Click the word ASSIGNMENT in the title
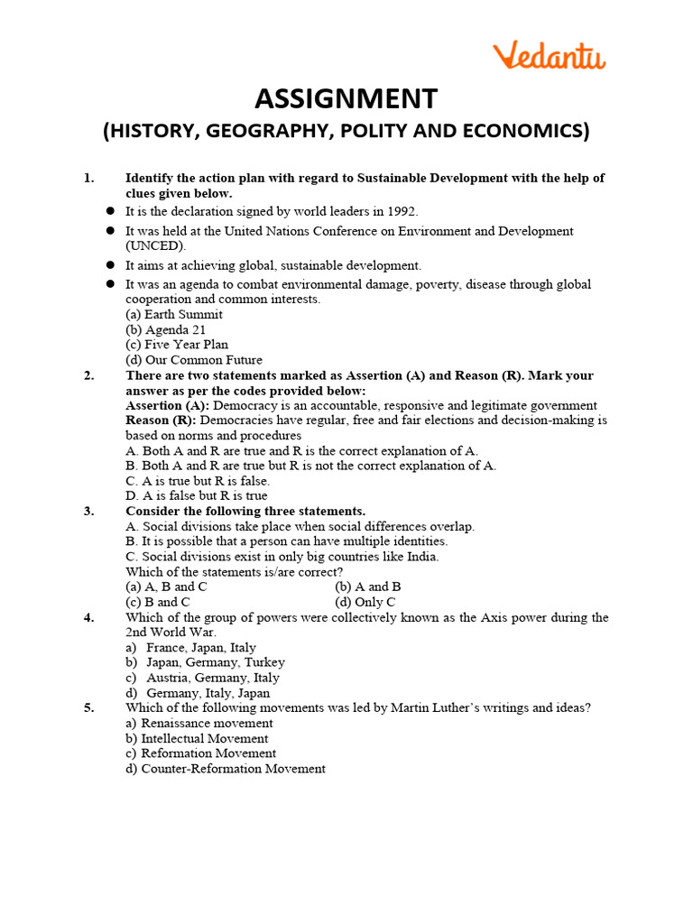(x=346, y=98)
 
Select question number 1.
(x=88, y=179)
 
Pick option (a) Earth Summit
(x=173, y=315)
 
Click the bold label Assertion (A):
(x=167, y=405)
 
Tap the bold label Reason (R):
(x=161, y=420)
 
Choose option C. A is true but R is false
(x=198, y=481)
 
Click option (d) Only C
(x=365, y=602)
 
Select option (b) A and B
(x=367, y=587)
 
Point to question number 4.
(x=88, y=618)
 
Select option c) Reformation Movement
(x=200, y=753)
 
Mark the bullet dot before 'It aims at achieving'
(x=110, y=265)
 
